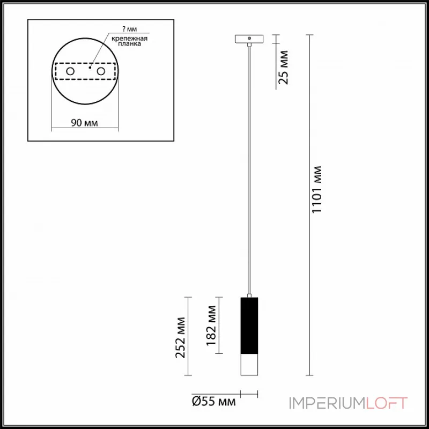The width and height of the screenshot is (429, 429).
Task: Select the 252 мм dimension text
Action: [180, 337]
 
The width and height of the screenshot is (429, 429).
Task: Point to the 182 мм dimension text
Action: [211, 326]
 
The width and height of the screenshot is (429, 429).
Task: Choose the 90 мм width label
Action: [84, 123]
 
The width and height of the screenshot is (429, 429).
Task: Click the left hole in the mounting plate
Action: [70, 71]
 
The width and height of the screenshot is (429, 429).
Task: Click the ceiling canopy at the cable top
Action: [250, 39]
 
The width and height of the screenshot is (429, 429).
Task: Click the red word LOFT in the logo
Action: [387, 403]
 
